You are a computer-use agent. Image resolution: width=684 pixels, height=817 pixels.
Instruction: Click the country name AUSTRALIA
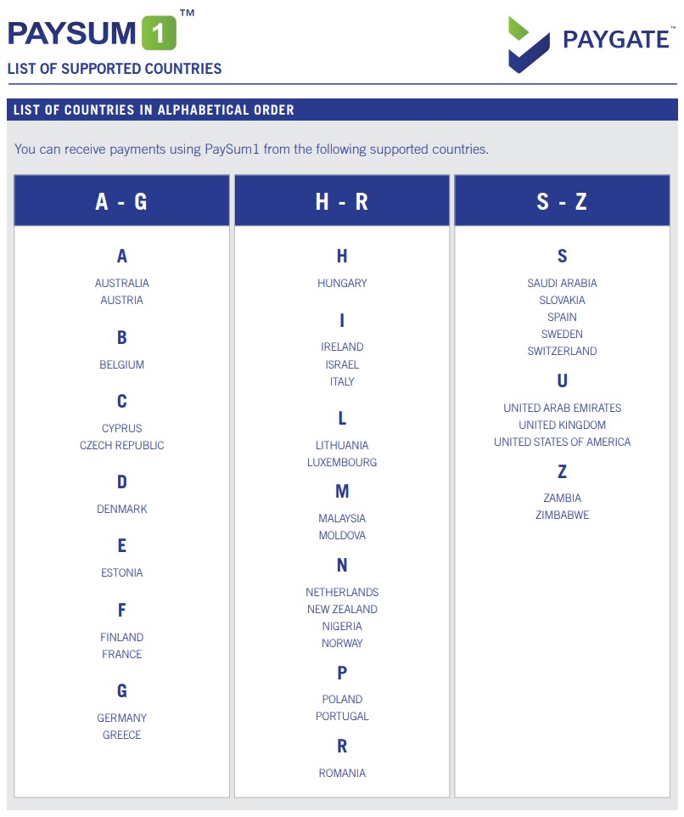121,283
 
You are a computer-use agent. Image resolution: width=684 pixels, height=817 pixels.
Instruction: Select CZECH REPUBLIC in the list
121,445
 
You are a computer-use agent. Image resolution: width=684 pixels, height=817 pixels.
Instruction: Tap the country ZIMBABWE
562,515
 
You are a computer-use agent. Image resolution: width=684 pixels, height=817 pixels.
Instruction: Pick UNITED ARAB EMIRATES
562,408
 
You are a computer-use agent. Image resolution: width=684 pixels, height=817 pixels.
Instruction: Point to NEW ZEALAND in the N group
342,609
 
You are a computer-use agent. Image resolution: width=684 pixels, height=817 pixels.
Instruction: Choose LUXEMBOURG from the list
342,462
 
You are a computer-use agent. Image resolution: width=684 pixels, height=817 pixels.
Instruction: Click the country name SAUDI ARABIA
562,283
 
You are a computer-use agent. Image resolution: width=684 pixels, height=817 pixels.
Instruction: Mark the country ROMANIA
342,773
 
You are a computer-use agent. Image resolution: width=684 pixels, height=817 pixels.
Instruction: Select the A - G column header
121,201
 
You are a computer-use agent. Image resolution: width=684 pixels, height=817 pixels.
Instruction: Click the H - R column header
342,201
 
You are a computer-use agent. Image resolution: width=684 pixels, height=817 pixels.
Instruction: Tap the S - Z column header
562,201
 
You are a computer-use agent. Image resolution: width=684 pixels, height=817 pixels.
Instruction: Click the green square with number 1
158,33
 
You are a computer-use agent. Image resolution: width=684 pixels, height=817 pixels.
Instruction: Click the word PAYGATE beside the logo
615,39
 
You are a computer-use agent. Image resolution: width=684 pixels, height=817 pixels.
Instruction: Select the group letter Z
562,471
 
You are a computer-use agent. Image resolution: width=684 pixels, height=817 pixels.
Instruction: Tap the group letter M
342,491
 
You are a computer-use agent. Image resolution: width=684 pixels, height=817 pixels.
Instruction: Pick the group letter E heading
121,546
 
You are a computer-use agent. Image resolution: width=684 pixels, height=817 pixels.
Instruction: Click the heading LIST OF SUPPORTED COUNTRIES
115,69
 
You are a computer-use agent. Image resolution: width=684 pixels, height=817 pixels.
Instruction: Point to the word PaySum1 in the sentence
232,149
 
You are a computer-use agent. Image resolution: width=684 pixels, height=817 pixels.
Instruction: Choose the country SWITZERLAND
562,351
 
